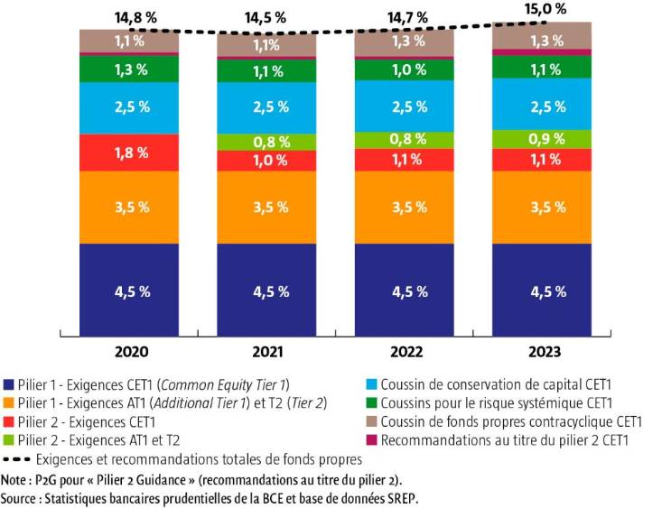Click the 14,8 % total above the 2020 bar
(132, 17)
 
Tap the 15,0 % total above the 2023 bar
(547, 9)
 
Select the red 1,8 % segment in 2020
(132, 152)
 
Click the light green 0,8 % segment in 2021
(270, 141)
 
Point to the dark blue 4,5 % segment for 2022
(409, 291)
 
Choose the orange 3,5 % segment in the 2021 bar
(270, 207)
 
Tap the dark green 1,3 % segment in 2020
(132, 69)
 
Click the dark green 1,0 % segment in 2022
(409, 70)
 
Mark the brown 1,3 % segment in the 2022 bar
(409, 41)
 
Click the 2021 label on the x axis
(270, 351)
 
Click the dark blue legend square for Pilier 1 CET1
(8, 384)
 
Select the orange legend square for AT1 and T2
(8, 403)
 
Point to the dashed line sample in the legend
(19, 460)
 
